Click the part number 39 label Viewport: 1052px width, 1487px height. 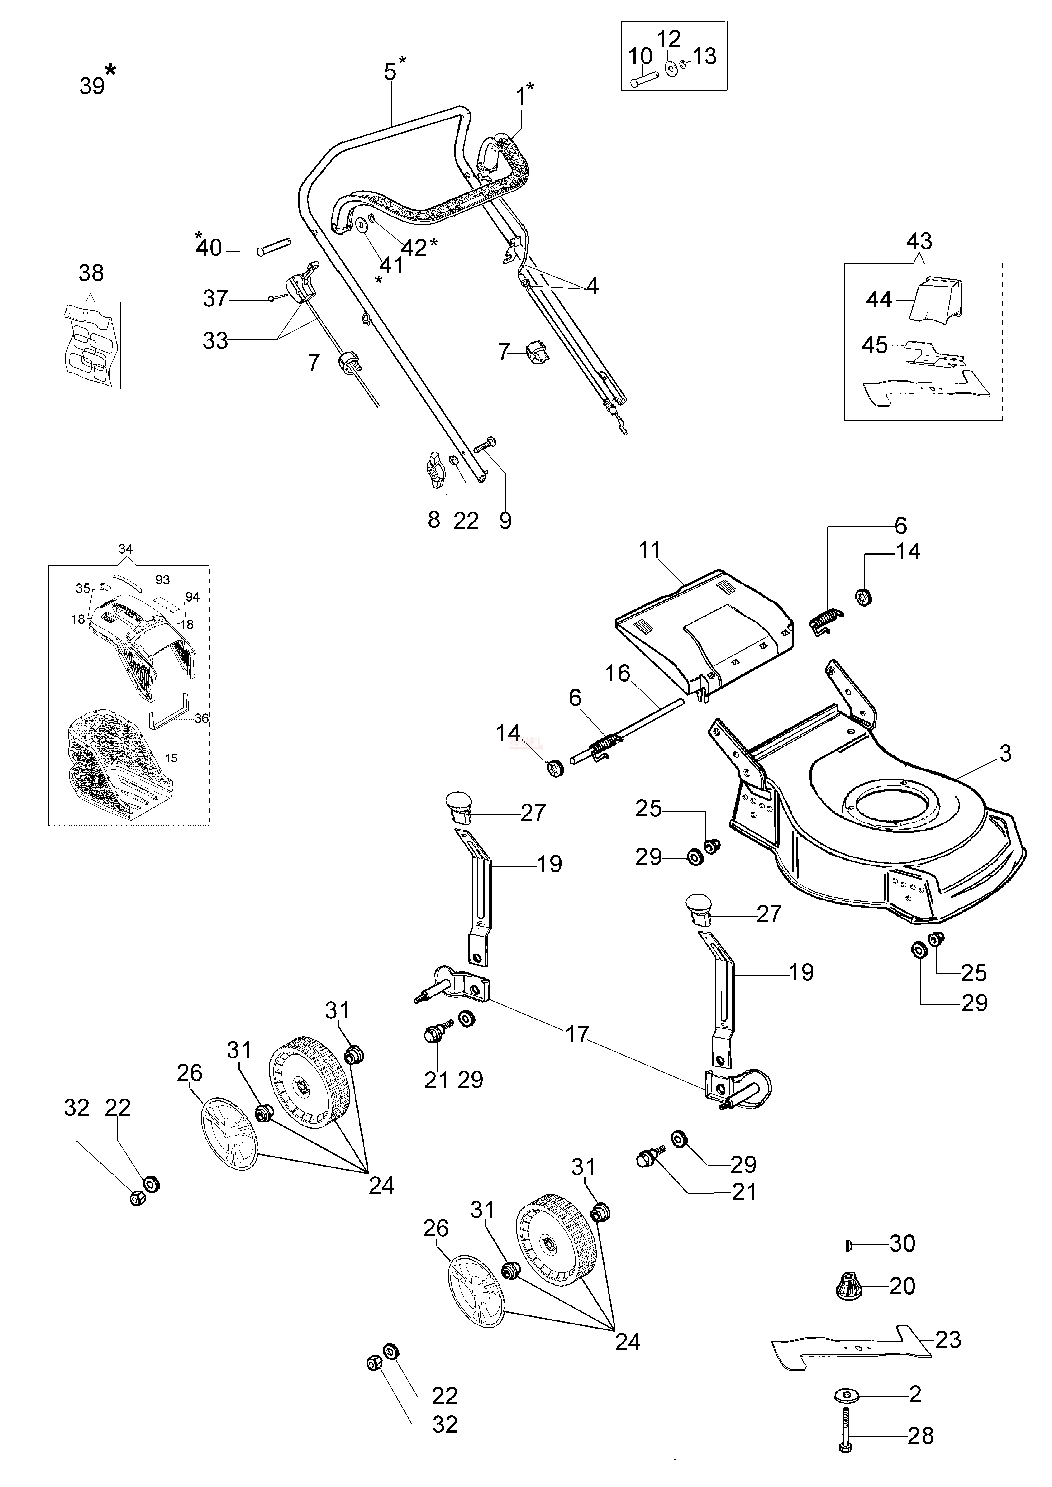92,86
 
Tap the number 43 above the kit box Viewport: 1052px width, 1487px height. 919,241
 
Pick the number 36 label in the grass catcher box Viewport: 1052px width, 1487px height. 201,718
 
